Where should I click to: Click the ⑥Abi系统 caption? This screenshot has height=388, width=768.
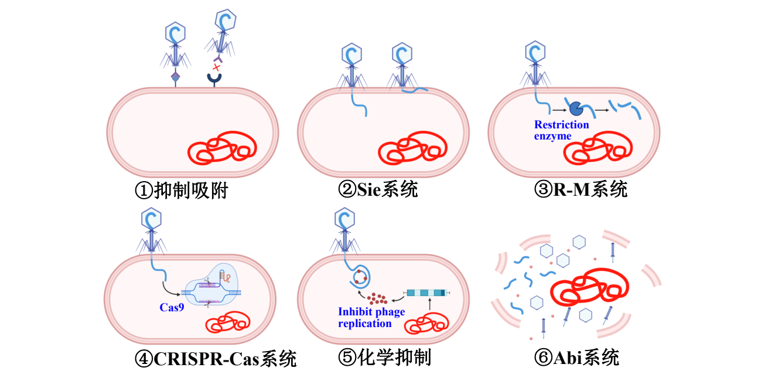point(576,357)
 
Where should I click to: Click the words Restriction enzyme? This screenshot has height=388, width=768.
point(561,130)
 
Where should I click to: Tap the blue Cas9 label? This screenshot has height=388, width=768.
point(172,307)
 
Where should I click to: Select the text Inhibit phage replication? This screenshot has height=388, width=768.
point(371,318)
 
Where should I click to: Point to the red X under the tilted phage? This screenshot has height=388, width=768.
point(217,67)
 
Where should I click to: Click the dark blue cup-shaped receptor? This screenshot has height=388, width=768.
point(215,78)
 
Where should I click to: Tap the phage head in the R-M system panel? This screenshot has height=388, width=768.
point(534,52)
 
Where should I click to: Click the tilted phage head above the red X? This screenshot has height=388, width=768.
point(226,21)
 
